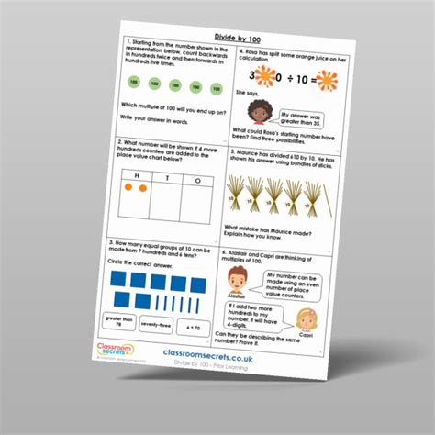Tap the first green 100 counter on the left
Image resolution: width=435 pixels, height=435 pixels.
(133, 84)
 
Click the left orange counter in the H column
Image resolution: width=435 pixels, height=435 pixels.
(129, 187)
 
